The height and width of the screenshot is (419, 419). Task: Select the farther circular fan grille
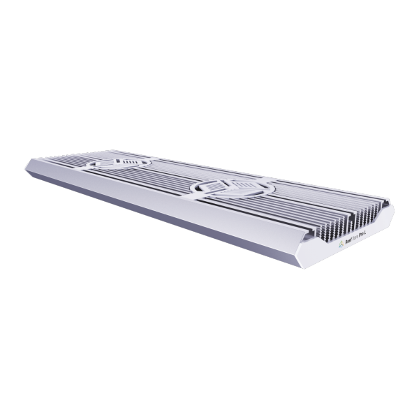click(x=119, y=164)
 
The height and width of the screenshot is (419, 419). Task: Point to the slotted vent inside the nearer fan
click(x=235, y=187)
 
